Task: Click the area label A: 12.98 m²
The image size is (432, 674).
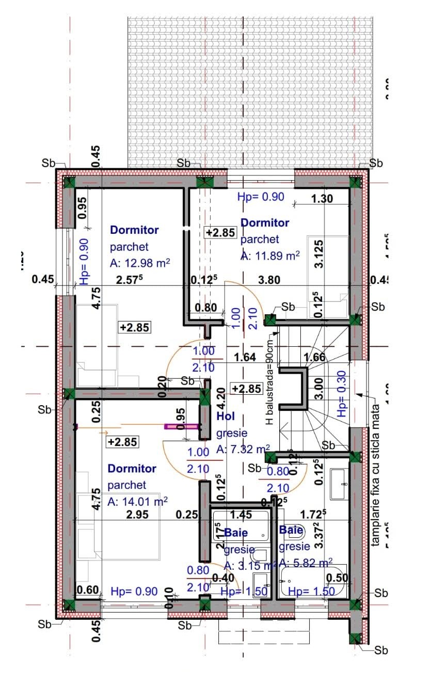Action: [x=140, y=263]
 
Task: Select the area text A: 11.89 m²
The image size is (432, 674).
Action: [x=270, y=255]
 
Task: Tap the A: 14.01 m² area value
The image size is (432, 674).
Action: [x=138, y=501]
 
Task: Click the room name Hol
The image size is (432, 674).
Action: [x=226, y=416]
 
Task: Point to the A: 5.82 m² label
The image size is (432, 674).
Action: [x=306, y=562]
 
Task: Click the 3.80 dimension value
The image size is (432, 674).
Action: [x=268, y=280]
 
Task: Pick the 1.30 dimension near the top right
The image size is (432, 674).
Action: [x=322, y=198]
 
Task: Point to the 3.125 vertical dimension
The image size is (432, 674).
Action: [x=319, y=253]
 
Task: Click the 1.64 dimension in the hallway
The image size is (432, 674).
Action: [x=245, y=357]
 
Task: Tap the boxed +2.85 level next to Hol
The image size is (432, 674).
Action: [x=247, y=389]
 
